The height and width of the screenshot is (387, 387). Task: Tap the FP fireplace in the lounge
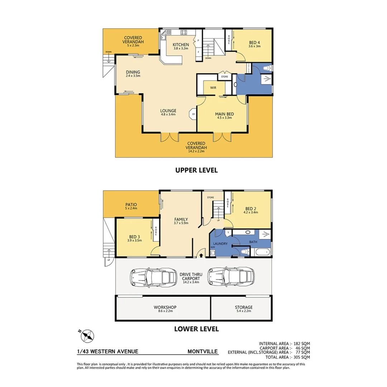(193, 114)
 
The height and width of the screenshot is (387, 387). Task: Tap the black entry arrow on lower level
(201, 255)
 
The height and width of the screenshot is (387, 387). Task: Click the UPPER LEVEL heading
(196, 171)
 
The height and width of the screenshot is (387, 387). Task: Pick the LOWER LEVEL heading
(196, 328)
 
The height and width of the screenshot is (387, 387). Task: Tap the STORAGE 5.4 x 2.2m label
(244, 309)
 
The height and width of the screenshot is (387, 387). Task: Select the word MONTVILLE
(203, 352)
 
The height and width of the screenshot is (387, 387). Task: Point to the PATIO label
(130, 205)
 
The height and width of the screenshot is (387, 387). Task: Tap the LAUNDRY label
(221, 244)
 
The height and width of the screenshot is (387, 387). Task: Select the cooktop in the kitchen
(184, 33)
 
